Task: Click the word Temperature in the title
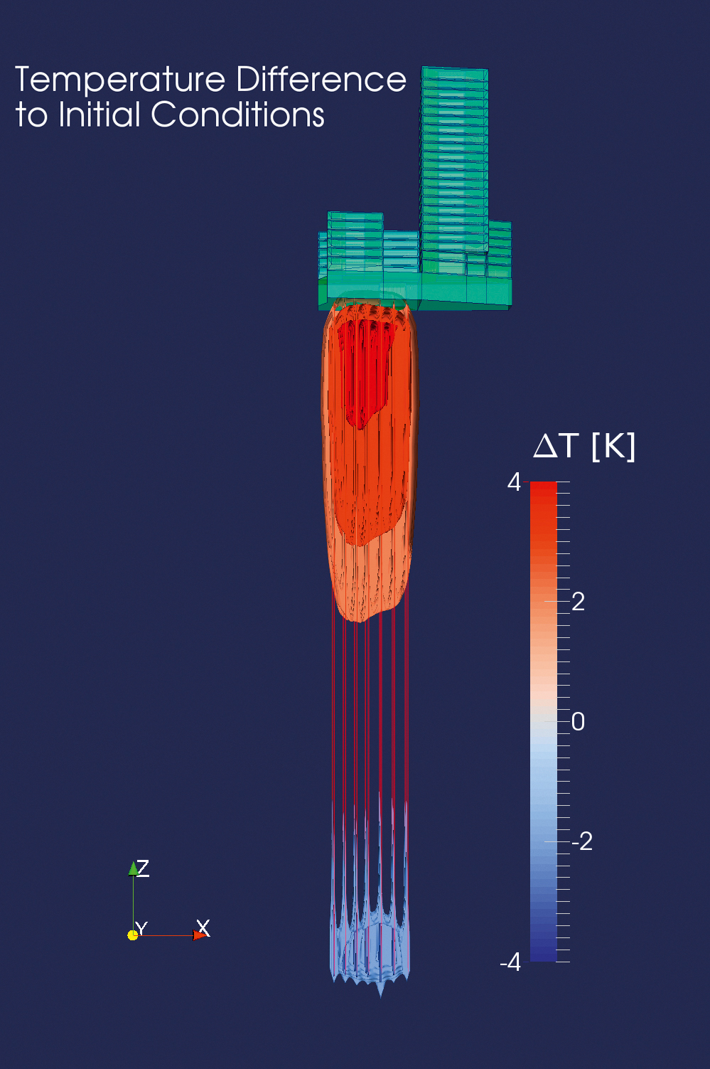coord(120,80)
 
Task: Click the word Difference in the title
coord(321,79)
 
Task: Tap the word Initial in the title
coord(99,115)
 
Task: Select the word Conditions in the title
coord(238,115)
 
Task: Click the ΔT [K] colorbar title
coord(584,447)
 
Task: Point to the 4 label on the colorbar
coord(514,483)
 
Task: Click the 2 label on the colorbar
coord(579,602)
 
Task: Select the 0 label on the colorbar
coord(579,721)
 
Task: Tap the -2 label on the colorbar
coord(581,841)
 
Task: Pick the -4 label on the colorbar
coord(510,963)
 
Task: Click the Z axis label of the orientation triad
coord(144,867)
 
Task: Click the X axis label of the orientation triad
coord(203,927)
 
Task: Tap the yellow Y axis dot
coord(132,935)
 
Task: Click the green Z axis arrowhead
coord(133,868)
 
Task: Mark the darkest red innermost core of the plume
coord(364,370)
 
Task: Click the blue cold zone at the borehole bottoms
coord(370,946)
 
